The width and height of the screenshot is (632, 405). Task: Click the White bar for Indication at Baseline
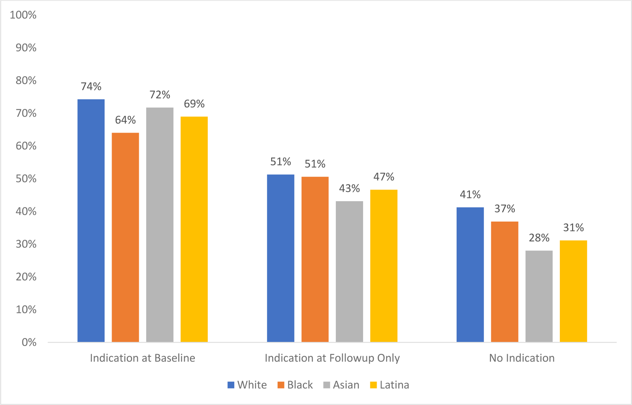tap(91, 220)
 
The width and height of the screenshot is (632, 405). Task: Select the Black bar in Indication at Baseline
tap(125, 237)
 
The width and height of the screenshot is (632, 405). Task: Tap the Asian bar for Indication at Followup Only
tap(349, 271)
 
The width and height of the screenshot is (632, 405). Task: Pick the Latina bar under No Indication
tap(573, 291)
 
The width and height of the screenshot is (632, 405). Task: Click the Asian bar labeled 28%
tap(539, 296)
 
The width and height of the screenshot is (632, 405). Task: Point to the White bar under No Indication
tap(470, 275)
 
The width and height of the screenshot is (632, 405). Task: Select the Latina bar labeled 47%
tap(383, 266)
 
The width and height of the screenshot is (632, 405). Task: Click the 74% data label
tap(91, 87)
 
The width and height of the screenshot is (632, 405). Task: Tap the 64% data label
tap(125, 120)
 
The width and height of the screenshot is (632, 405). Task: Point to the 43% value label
tap(349, 189)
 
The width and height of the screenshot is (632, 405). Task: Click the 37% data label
tap(505, 209)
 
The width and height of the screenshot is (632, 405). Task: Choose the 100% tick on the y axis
tap(23, 15)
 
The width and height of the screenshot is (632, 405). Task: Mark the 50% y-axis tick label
tap(26, 179)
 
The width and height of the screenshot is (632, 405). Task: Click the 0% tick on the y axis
tap(29, 342)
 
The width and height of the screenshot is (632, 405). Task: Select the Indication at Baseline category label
tap(143, 358)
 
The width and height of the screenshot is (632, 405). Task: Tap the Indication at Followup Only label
tap(332, 358)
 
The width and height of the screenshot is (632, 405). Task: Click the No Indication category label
tap(522, 358)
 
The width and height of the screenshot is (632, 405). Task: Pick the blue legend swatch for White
tap(231, 385)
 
